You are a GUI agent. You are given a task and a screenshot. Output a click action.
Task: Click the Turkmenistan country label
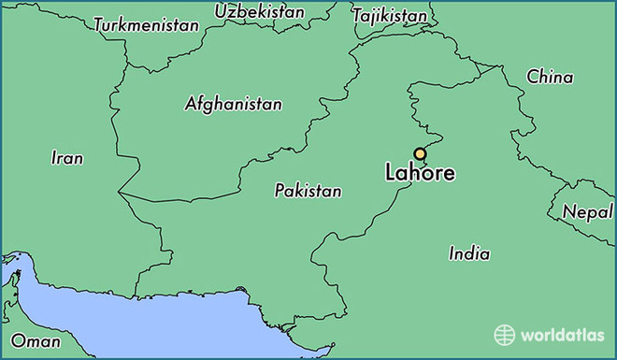(x=147, y=25)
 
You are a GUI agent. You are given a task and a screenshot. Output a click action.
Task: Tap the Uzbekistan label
(x=260, y=12)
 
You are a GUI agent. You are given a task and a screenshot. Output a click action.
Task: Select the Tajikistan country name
(x=389, y=16)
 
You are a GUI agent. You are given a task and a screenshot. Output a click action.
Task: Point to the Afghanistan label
(x=234, y=104)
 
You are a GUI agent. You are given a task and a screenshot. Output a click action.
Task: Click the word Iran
(x=66, y=158)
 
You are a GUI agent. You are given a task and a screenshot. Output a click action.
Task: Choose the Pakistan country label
(x=308, y=191)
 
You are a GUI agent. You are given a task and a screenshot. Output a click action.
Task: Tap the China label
(x=550, y=77)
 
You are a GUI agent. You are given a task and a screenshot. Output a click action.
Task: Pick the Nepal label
(x=587, y=212)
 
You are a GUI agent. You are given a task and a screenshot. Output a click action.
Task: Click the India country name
(x=469, y=253)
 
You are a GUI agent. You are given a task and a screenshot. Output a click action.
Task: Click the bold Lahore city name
(x=420, y=174)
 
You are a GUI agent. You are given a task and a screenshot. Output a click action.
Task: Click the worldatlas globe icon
(x=505, y=335)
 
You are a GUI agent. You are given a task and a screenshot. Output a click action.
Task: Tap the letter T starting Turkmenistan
(x=99, y=24)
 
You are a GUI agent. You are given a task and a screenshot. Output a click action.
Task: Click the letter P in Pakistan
(x=280, y=191)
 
